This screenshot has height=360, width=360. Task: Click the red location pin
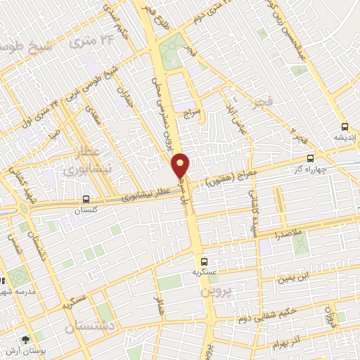(181, 166)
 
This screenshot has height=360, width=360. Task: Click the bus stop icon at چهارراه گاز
(310, 159)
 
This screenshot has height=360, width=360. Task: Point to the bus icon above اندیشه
(344, 127)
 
